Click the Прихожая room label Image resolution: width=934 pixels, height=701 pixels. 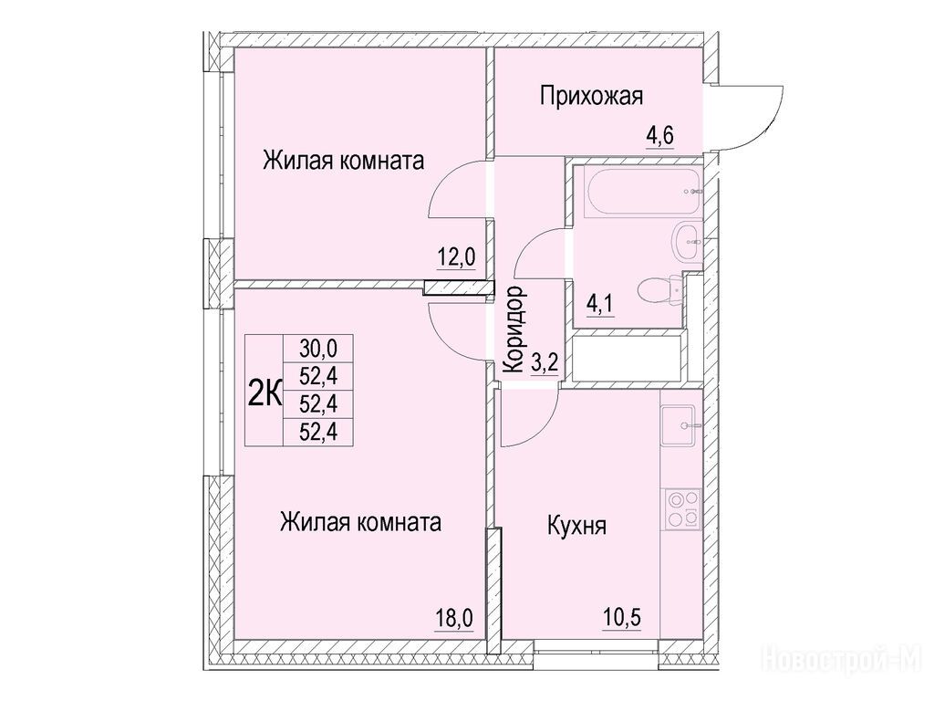591,97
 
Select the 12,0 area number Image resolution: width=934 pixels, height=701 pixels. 457,257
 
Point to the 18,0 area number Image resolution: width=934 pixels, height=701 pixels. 454,618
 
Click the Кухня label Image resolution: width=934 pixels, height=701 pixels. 576,527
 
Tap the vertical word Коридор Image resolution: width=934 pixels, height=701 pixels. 514,329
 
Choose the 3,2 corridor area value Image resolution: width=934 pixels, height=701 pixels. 545,361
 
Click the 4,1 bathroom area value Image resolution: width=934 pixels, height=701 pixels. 600,305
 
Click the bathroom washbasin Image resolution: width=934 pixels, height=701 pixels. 689,241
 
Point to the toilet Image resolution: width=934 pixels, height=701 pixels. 660,292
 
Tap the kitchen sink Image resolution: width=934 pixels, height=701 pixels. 679,425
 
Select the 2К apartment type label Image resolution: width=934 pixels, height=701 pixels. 264,394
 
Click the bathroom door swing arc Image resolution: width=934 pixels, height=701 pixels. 527,241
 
